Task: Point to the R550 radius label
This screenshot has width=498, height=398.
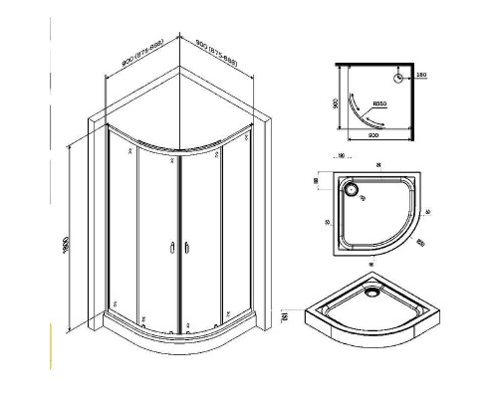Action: pyautogui.click(x=379, y=102)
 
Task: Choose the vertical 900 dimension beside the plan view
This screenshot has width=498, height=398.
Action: pyautogui.click(x=336, y=101)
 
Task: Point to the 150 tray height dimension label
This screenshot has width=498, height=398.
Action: pyautogui.click(x=286, y=316)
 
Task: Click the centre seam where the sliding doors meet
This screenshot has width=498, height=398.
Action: pyautogui.click(x=177, y=239)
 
